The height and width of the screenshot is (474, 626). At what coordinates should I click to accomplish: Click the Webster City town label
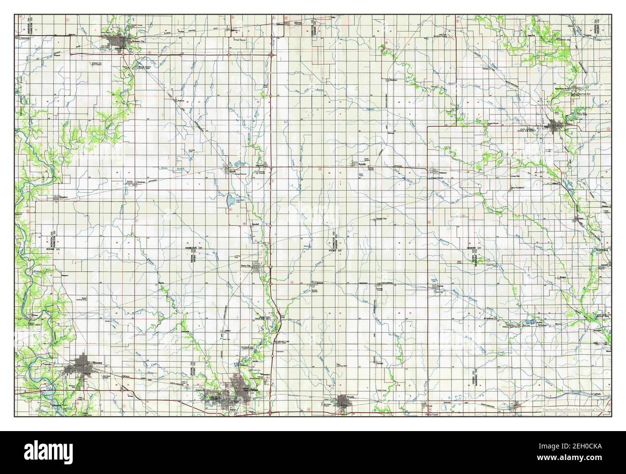133,41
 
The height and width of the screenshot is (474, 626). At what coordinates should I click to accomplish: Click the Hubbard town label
443,172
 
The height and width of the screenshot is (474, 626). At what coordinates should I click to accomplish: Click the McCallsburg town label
385,283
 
